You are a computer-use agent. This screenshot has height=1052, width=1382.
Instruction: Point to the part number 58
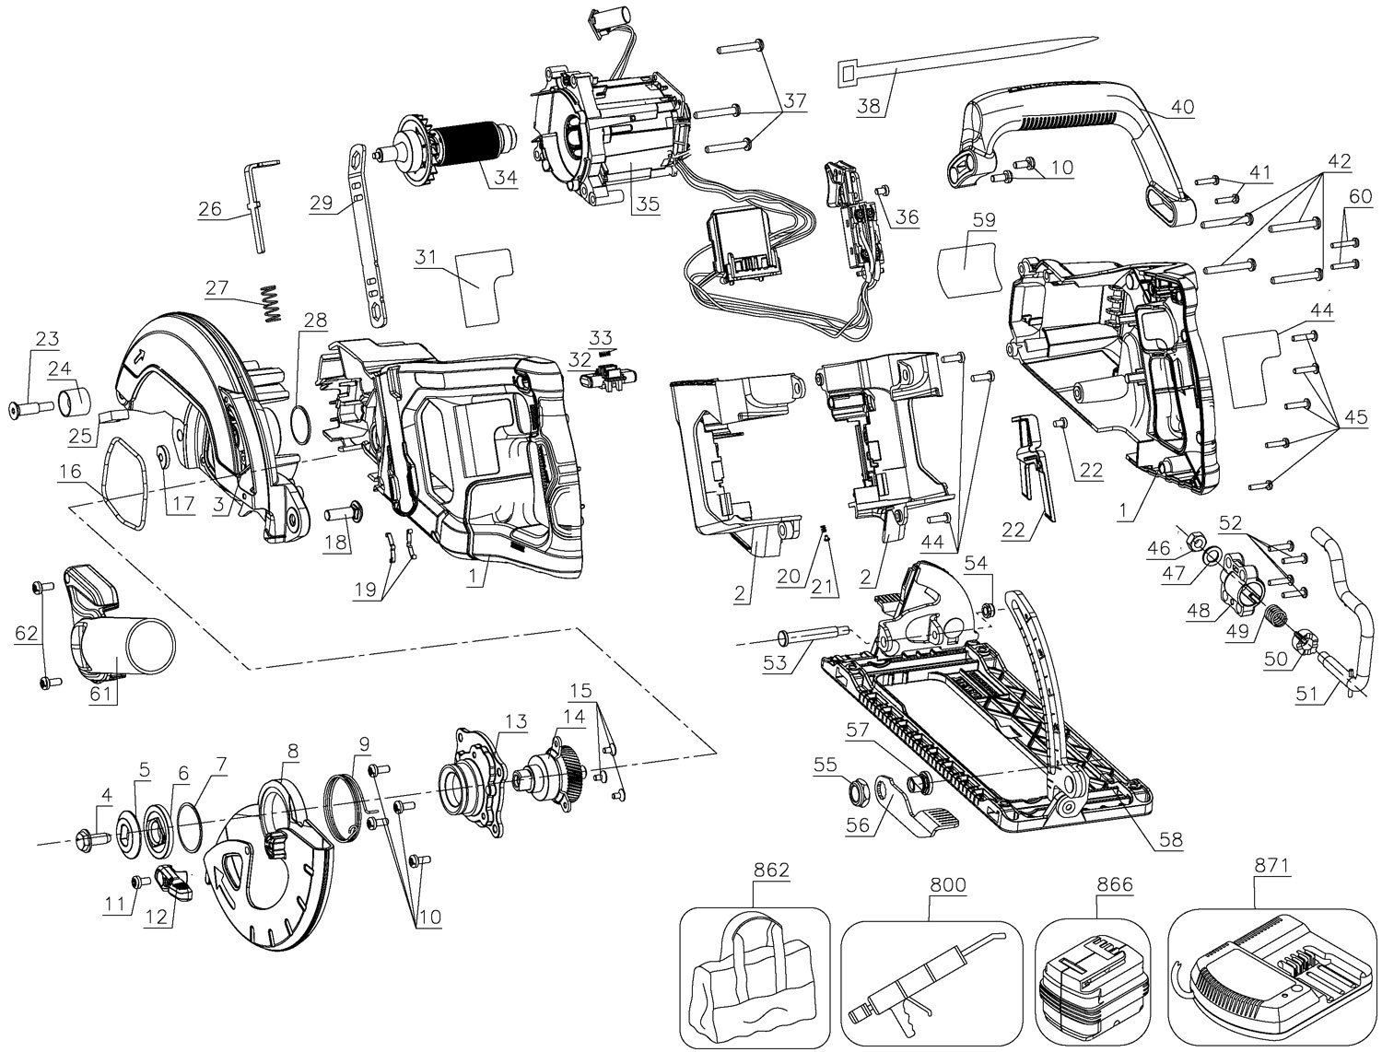pos(1172,839)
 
